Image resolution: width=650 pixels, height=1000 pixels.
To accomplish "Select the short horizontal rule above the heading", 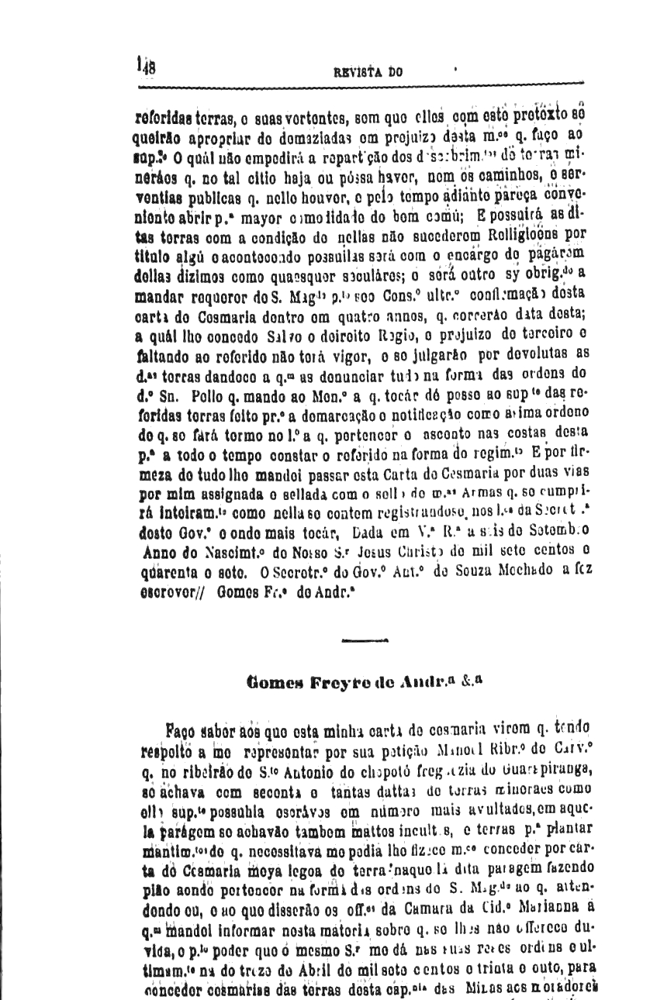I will tap(364, 641).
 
